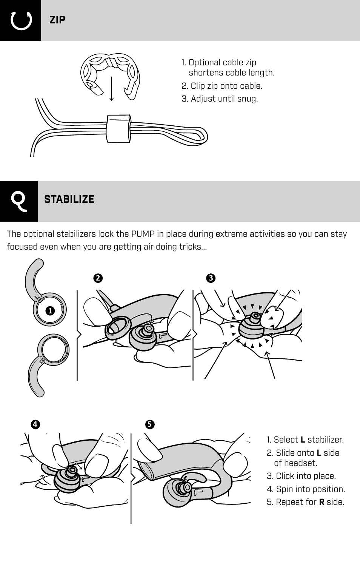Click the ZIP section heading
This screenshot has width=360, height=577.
click(57, 20)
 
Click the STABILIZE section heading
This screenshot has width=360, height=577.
click(69, 199)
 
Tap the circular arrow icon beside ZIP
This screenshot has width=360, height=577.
click(21, 20)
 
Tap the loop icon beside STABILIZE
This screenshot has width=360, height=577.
click(19, 201)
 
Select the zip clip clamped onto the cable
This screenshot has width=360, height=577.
click(118, 128)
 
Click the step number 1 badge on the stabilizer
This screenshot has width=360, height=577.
click(50, 311)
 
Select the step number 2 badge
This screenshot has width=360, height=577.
click(98, 278)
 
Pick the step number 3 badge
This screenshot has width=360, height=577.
click(211, 278)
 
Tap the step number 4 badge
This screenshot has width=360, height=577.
click(35, 424)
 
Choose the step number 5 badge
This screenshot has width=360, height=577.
click(149, 424)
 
